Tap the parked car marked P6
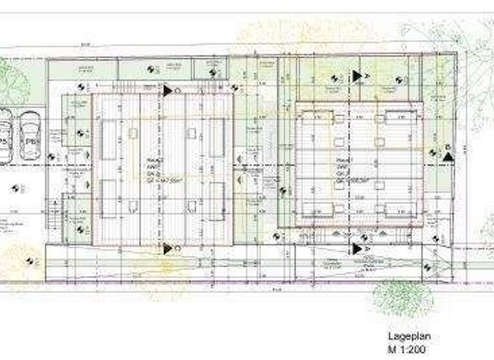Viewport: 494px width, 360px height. [x=30, y=136]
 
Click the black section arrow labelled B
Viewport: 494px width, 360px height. [x=448, y=154]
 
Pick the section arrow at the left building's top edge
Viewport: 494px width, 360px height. [x=168, y=91]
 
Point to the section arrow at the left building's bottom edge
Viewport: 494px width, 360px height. [x=168, y=248]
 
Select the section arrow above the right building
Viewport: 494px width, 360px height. [x=357, y=76]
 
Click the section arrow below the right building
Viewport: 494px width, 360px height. [x=357, y=248]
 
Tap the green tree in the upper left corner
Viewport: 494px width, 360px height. [x=12, y=81]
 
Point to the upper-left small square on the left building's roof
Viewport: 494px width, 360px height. [x=133, y=133]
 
